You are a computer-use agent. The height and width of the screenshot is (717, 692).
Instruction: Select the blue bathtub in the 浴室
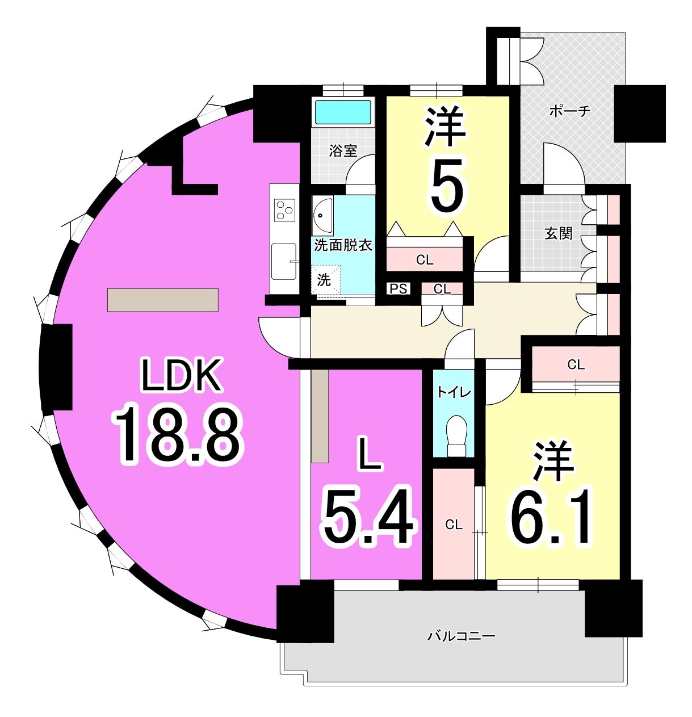[343, 112]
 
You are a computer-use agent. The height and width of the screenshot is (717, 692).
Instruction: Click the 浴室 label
[343, 151]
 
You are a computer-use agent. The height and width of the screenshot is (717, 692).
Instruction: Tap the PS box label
[399, 289]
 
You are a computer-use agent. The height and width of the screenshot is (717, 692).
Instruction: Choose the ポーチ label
[569, 111]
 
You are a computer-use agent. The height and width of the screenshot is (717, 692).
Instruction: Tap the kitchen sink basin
[284, 261]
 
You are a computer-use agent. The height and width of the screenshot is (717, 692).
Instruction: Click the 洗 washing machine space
[325, 280]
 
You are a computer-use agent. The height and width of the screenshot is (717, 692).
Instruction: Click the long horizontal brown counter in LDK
[163, 300]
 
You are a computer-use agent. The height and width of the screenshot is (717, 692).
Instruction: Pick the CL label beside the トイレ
[453, 525]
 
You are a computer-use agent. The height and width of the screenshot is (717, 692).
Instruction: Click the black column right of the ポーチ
[640, 114]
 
